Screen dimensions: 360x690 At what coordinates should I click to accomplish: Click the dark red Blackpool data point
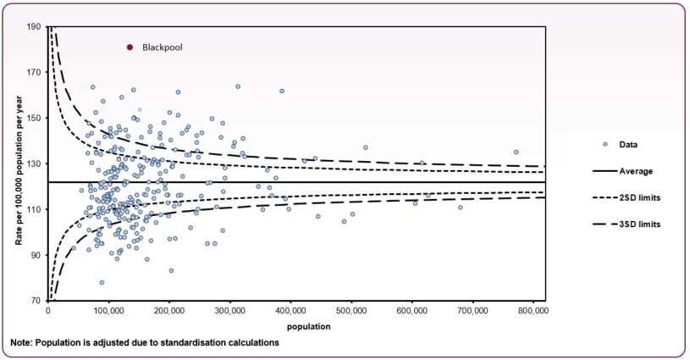[130, 48]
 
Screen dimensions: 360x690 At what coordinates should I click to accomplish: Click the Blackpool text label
[162, 48]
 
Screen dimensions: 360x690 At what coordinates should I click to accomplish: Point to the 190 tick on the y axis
[36, 27]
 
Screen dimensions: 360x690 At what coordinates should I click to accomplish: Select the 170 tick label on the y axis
[36, 73]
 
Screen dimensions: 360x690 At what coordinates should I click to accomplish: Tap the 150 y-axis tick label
[36, 118]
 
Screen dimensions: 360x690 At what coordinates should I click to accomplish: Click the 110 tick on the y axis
[36, 209]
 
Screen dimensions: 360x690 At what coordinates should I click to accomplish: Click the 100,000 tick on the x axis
[108, 311]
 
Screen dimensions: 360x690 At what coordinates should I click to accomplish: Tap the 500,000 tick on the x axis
[351, 311]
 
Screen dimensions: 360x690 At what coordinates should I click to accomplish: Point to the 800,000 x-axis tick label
[533, 311]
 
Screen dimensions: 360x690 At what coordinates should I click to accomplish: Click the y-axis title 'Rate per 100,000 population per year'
[18, 163]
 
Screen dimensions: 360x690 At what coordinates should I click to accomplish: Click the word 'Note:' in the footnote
[23, 342]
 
